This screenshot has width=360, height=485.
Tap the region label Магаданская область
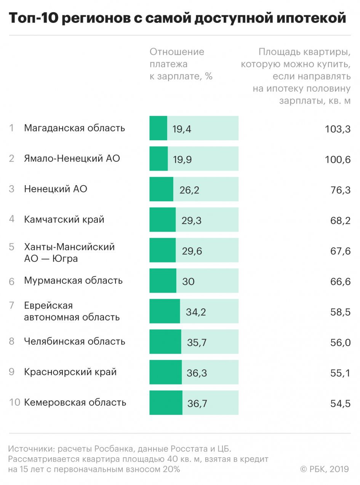74,128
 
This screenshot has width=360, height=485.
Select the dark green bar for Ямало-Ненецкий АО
158,158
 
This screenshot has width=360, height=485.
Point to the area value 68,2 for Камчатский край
340,220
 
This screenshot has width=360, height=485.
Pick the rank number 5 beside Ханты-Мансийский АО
12,247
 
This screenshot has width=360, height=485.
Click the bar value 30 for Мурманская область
188,281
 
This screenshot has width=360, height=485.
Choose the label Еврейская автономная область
72,311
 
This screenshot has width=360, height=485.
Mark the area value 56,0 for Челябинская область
340,343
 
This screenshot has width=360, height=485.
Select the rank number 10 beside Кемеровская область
14,403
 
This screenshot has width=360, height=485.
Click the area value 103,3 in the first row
338,129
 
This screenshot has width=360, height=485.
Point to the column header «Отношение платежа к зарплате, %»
181,64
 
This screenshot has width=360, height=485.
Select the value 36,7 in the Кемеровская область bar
197,403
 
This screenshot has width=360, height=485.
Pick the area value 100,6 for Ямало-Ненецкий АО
338,159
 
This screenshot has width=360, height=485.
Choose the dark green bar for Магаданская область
158,128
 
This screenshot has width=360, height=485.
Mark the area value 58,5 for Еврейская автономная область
340,312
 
